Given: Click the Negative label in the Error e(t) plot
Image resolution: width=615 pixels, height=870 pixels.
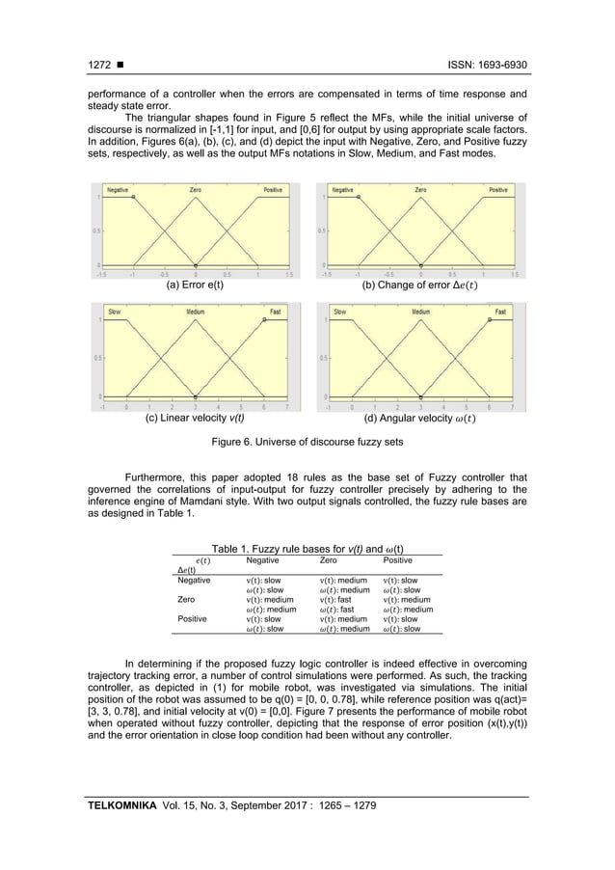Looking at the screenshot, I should (x=119, y=190).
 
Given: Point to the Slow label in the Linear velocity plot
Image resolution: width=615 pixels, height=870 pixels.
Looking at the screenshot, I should (x=114, y=312).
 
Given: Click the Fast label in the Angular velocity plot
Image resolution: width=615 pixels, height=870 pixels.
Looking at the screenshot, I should (x=501, y=312).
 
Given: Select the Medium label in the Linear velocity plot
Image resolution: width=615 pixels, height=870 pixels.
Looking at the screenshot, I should (x=195, y=312).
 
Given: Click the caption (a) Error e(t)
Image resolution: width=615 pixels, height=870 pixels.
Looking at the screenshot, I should (x=195, y=286).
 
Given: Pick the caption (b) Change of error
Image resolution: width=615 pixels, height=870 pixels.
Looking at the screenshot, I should (x=419, y=286).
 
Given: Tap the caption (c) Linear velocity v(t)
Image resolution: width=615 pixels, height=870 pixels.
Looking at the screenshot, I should (x=195, y=419).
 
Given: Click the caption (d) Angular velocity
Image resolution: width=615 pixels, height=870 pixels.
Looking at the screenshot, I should (x=419, y=419).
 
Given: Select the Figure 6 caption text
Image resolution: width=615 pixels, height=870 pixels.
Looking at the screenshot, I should (x=307, y=443).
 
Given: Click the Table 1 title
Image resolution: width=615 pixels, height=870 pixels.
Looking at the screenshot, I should (x=307, y=548).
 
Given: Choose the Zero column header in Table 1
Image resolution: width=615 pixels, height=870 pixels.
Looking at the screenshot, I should (x=331, y=558).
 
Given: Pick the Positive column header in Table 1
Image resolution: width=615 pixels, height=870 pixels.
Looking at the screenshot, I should (x=398, y=558).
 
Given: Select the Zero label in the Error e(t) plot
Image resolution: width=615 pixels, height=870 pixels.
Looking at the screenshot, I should (x=195, y=190).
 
